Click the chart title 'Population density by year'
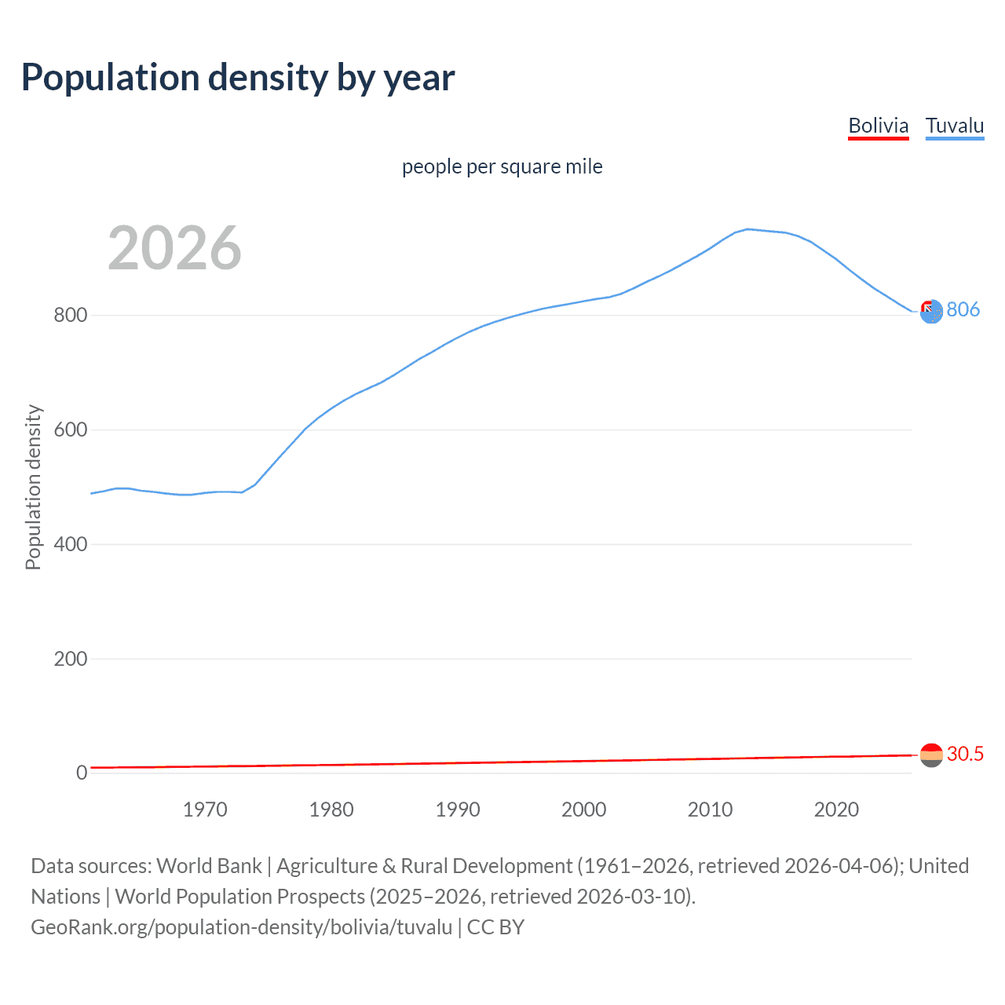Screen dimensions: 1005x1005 click(238, 78)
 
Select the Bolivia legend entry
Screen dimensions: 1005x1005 click(878, 126)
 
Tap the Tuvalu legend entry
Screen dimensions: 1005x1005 click(955, 126)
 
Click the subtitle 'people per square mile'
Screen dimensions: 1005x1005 click(502, 166)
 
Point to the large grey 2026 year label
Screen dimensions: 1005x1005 click(174, 248)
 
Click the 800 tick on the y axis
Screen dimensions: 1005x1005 click(70, 316)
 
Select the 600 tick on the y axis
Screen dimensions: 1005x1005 click(70, 430)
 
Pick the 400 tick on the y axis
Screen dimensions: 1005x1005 click(70, 544)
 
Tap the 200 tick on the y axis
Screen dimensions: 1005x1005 click(70, 659)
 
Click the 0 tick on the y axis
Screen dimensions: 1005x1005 click(82, 773)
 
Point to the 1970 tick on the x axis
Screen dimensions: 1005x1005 click(205, 809)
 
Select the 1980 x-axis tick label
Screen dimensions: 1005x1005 click(331, 809)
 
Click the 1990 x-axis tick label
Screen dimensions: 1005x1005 click(458, 809)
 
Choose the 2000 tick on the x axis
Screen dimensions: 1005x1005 click(583, 809)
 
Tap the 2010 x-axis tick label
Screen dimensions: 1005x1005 click(710, 809)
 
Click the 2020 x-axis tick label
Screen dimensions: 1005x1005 click(836, 809)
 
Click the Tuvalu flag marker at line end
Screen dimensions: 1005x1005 click(931, 312)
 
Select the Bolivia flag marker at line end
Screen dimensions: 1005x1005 click(931, 755)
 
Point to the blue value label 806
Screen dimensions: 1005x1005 click(963, 309)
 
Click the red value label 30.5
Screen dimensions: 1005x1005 click(965, 754)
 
